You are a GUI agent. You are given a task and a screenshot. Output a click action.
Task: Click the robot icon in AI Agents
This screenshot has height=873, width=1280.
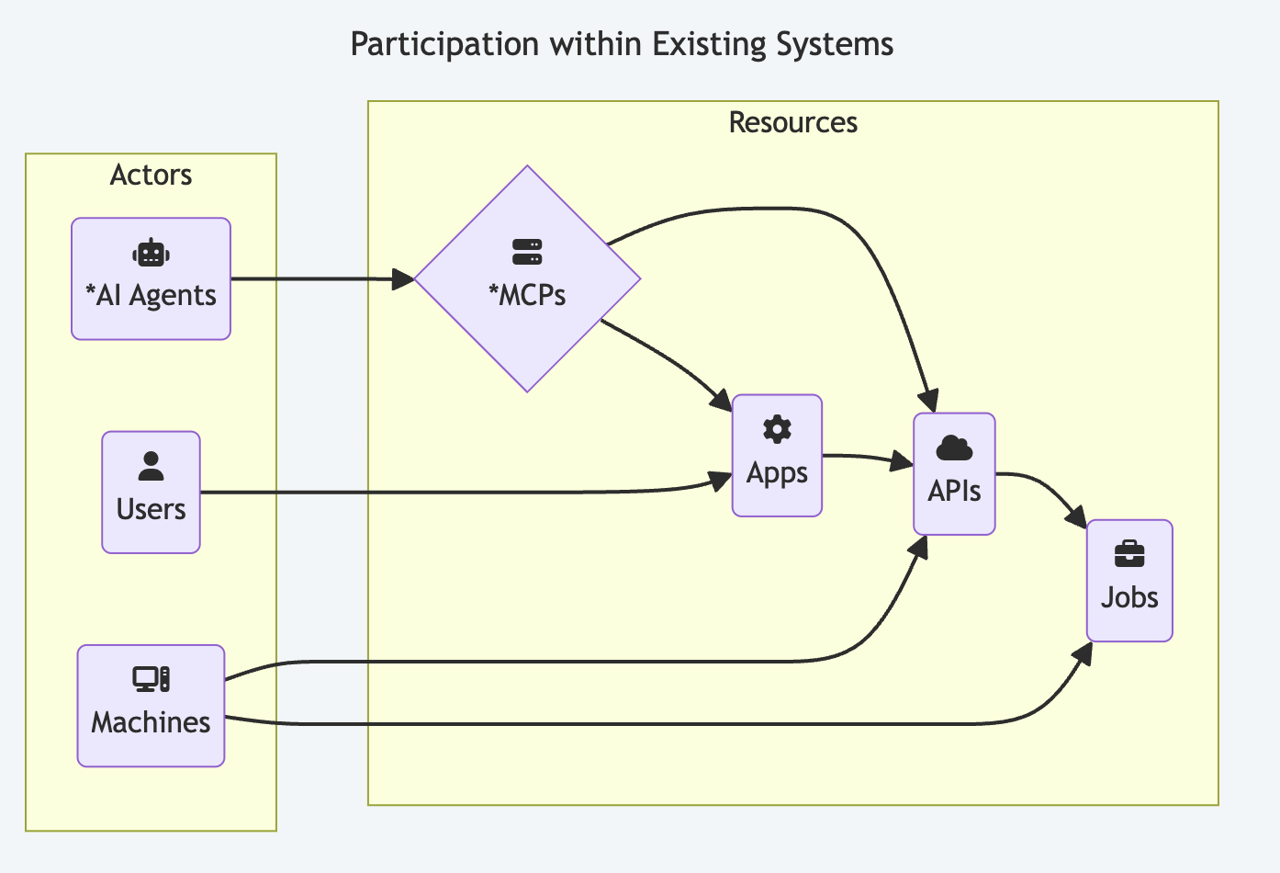[151, 253]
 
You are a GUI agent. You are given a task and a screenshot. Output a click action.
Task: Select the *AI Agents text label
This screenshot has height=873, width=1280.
[151, 295]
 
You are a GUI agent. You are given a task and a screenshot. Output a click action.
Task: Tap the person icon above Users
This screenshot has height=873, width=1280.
[151, 466]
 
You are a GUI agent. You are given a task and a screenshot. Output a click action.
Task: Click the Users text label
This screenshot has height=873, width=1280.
[151, 509]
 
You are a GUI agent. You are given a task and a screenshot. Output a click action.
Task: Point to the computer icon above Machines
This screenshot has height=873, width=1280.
[151, 679]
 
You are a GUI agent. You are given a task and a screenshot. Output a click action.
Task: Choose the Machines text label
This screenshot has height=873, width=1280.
[151, 722]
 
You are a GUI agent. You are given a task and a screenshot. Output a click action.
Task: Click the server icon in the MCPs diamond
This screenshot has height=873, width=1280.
[527, 252]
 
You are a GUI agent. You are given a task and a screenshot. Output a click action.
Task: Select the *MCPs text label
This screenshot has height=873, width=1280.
[527, 295]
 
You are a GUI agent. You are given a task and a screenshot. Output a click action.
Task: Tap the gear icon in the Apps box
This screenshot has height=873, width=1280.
[777, 429]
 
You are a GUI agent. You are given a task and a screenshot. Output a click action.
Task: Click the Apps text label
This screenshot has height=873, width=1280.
[777, 472]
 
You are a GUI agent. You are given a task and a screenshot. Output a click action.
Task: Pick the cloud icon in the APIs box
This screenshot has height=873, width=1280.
[954, 448]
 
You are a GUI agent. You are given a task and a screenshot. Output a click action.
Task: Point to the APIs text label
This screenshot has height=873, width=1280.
[954, 491]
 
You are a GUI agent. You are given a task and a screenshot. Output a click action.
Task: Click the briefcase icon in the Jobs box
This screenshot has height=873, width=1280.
[1129, 554]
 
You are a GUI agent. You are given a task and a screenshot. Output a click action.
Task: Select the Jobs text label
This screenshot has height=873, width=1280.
[1129, 597]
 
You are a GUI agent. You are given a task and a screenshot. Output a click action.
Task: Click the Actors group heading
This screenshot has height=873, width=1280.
[151, 175]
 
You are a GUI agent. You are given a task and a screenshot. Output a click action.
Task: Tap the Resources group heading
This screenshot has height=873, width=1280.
[792, 122]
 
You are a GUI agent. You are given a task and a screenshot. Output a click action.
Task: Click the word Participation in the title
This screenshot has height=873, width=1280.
[444, 44]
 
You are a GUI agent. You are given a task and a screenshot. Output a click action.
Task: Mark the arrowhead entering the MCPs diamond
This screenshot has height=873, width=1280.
[404, 279]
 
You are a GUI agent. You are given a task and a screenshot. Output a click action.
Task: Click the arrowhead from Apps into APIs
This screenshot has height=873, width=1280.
[903, 461]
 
